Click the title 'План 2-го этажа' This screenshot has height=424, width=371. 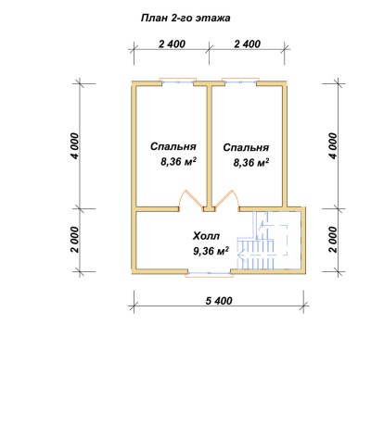[x=185, y=18]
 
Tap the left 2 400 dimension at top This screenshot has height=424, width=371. [x=172, y=44]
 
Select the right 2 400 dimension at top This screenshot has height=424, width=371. [x=248, y=44]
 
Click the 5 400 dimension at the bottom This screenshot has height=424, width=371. [x=219, y=300]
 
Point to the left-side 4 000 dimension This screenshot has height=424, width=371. [x=75, y=146]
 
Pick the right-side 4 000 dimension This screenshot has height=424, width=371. [x=333, y=146]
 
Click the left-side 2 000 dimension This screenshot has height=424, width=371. [x=75, y=240]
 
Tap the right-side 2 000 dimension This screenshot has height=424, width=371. [x=333, y=240]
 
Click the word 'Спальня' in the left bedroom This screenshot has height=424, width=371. [x=173, y=146]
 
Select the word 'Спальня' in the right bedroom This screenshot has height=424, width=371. [x=246, y=147]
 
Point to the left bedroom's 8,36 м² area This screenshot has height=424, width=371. [x=178, y=162]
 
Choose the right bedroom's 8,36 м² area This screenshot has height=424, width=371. [x=251, y=162]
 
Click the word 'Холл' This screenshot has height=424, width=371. [x=206, y=236]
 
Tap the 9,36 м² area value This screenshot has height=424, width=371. [x=211, y=251]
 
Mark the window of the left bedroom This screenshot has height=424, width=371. [x=178, y=81]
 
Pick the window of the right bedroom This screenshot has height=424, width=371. [x=240, y=81]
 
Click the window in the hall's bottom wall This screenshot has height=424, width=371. [x=210, y=273]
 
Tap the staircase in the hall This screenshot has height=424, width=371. [x=262, y=241]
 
